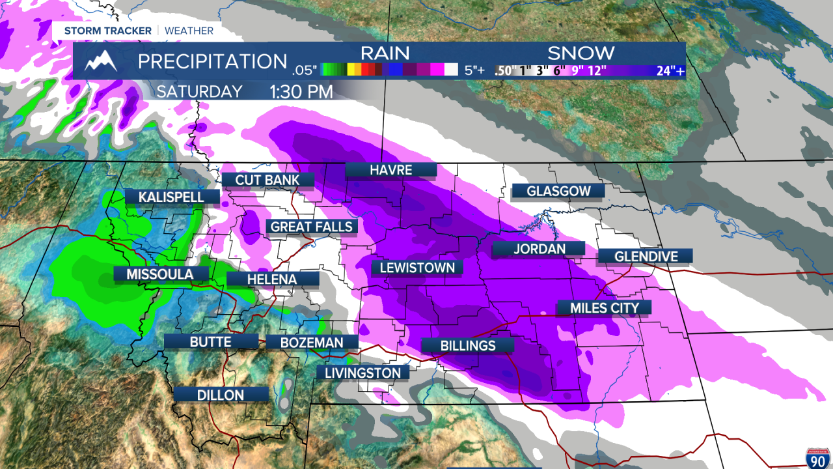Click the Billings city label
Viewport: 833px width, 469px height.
[x=468, y=346]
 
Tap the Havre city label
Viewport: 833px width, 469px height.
[x=390, y=170]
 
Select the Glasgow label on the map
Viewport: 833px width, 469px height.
[x=558, y=191]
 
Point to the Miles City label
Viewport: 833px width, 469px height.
[x=605, y=307]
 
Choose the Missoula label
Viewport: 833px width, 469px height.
[x=160, y=274]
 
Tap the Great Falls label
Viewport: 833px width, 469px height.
[x=312, y=227]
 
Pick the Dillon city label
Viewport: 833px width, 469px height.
[x=221, y=395]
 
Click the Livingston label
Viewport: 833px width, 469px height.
[x=362, y=373]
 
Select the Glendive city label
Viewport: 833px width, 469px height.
[x=646, y=256]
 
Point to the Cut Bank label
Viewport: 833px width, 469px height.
[x=267, y=180]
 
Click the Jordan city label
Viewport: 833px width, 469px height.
[x=538, y=249]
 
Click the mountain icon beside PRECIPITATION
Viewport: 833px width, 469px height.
[x=102, y=61]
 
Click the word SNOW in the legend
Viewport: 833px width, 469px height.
[x=580, y=53]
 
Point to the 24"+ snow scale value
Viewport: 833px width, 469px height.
[x=670, y=71]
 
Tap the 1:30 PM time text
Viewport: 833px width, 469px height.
[x=301, y=91]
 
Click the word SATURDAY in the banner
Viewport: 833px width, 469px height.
[x=199, y=91]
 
